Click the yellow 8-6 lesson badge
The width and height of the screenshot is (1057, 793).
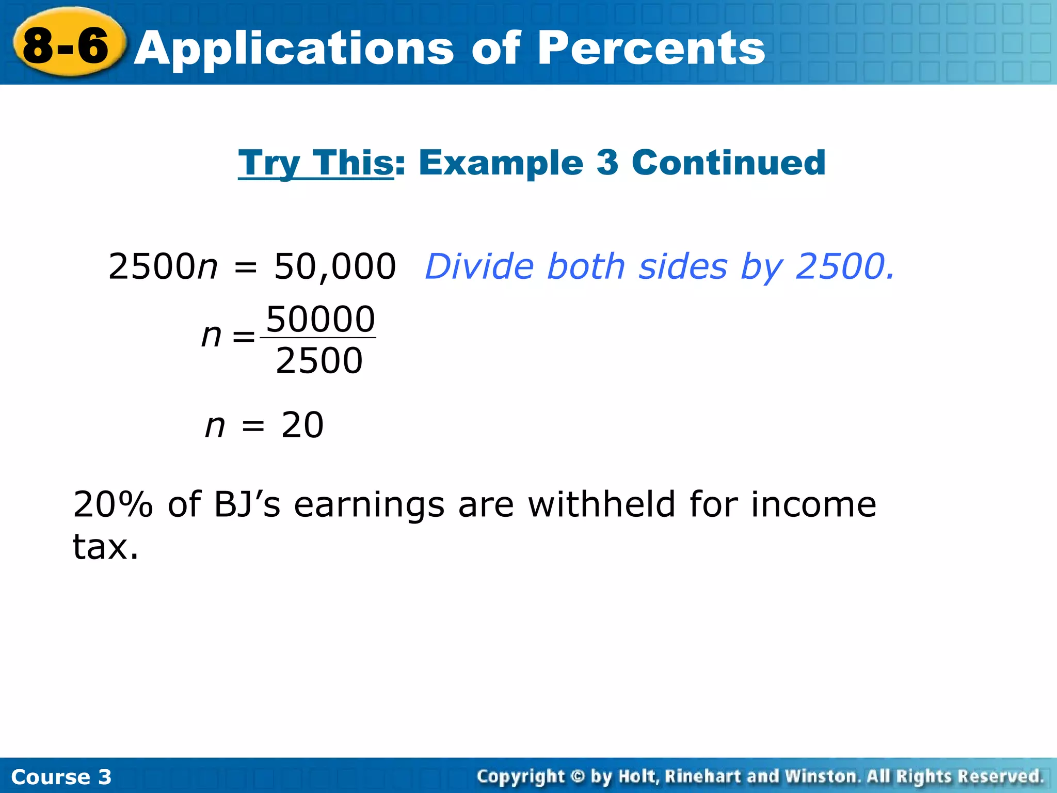67,45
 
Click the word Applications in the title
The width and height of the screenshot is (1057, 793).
294,49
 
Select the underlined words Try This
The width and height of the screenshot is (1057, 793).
316,163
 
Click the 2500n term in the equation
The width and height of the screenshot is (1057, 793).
163,267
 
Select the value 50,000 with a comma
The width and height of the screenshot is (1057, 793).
334,267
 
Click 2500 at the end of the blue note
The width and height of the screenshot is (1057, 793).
843,267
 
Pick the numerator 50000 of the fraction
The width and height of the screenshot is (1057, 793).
320,319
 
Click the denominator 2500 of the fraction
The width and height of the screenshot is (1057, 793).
319,361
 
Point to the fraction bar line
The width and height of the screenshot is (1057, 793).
318,338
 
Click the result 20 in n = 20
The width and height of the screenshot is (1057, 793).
302,425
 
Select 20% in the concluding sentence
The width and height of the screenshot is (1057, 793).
113,504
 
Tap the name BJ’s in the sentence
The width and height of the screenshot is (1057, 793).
247,504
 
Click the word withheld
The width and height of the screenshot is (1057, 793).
602,504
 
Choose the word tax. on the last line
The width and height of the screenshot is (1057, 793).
106,547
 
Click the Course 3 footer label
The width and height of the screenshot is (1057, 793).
61,777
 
